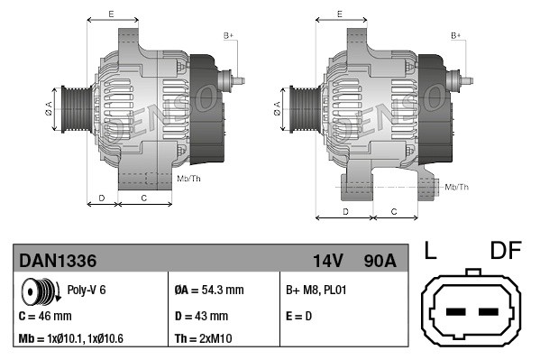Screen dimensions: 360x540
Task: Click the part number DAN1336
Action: [x=58, y=261]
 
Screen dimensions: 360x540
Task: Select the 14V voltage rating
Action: [x=327, y=261]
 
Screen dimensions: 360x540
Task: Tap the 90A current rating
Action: [x=378, y=261]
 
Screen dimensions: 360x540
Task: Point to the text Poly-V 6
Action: [x=87, y=291]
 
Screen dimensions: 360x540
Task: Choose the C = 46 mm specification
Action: [x=45, y=316]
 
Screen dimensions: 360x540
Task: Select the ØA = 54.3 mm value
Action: [x=208, y=291]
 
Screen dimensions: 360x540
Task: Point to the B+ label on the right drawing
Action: [x=456, y=35]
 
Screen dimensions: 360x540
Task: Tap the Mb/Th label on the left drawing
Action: [x=189, y=179]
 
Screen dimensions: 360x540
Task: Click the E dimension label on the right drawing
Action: [x=338, y=14]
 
